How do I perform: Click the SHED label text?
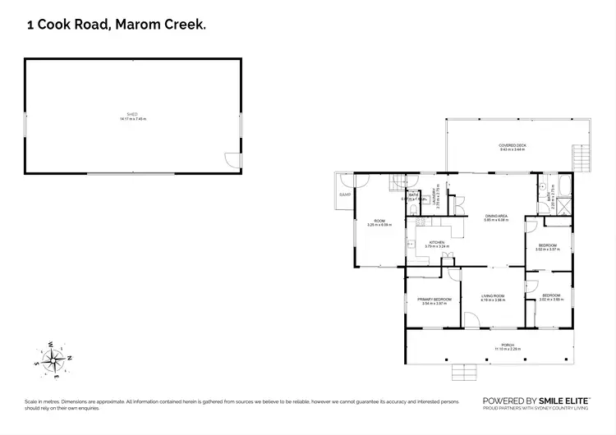132,114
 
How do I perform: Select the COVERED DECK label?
513,145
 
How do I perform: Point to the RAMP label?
344,195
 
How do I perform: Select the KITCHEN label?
436,242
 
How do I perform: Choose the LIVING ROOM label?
493,296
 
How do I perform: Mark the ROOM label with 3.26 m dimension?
379,221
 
